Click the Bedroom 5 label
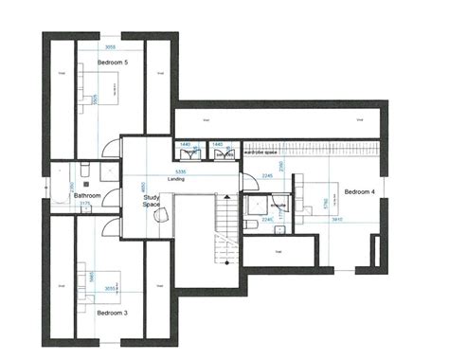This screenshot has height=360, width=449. coord(113,62)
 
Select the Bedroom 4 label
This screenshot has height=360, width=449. coord(360,192)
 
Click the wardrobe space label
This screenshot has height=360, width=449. coord(260,152)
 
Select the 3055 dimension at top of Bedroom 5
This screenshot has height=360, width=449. coord(110,45)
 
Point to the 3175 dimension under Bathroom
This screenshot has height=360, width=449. coord(83,203)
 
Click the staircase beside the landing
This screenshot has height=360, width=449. coord(225,232)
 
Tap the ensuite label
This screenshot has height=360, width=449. coord(278,204)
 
